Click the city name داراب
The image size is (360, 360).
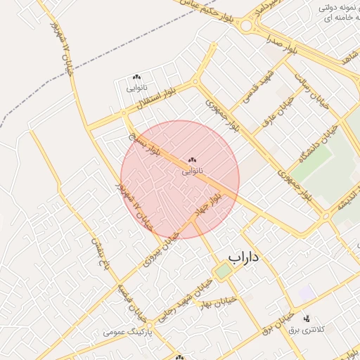244,257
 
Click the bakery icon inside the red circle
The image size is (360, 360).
193,160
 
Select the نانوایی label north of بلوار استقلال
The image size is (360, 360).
136,88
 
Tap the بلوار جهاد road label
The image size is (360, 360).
209,204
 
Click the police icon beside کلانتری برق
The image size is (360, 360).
307,318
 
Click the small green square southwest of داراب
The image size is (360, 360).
223,271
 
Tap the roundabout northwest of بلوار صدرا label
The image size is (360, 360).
247,27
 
